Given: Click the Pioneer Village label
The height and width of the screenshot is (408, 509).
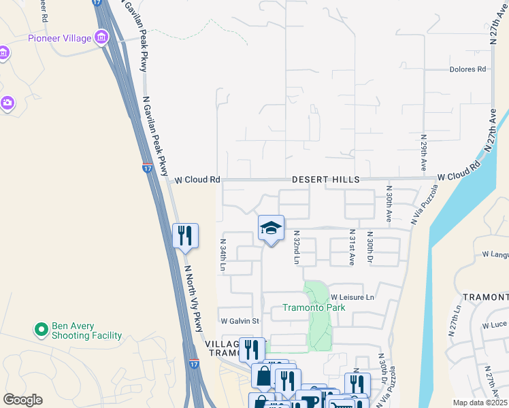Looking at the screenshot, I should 59,38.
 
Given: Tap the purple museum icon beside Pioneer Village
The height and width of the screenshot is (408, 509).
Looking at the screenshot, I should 102,37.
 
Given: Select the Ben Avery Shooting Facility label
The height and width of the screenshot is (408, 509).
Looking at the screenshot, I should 87,330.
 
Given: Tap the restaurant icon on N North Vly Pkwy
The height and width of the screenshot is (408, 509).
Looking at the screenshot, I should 185,236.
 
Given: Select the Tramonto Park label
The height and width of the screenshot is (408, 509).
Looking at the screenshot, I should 315,307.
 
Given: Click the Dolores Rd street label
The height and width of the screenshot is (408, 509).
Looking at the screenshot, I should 467,69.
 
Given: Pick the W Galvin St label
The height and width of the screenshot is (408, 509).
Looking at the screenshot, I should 240,321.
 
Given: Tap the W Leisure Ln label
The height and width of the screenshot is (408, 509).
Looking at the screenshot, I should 353,298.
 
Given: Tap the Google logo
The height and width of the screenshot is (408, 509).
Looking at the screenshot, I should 22,400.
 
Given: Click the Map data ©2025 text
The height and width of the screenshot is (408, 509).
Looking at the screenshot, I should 479,403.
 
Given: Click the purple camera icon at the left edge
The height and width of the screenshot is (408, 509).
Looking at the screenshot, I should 7,103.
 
